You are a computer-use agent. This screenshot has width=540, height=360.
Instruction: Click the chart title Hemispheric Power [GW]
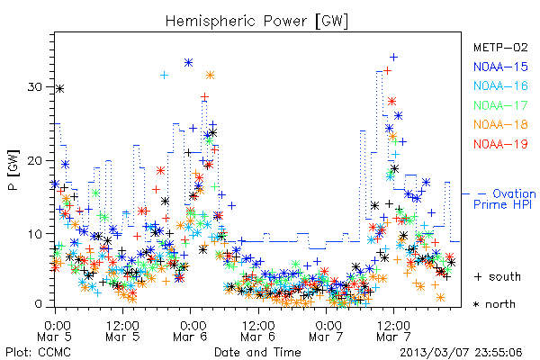(x=256, y=22)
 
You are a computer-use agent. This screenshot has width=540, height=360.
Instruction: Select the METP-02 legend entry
(x=500, y=47)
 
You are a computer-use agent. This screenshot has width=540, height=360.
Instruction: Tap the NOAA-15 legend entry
(x=500, y=67)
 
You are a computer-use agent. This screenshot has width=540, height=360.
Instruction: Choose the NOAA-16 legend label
(x=500, y=85)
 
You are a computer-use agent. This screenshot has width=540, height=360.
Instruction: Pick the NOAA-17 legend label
(x=500, y=105)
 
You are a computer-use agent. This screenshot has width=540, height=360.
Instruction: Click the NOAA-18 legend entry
(x=500, y=124)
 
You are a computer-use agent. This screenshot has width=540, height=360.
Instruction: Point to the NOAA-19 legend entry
(x=500, y=144)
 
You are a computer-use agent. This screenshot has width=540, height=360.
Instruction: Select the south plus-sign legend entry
(x=498, y=276)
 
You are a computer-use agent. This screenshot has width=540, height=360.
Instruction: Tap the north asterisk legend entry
(x=494, y=304)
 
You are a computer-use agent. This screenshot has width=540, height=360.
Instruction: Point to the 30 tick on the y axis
(x=35, y=86)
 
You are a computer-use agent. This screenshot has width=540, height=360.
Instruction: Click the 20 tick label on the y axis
(x=35, y=160)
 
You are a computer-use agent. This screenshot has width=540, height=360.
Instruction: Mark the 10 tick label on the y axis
(x=35, y=234)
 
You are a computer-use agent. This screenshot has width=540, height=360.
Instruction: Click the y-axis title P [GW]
(x=13, y=170)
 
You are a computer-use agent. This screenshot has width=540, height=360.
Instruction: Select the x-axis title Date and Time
(x=257, y=352)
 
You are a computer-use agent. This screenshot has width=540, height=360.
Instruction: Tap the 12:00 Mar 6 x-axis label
(x=258, y=331)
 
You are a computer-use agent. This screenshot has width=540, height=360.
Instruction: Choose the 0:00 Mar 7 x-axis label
(x=326, y=331)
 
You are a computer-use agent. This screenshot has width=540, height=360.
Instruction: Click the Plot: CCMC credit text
(x=38, y=352)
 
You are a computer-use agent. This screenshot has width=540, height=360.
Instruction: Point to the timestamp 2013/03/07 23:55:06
(x=461, y=353)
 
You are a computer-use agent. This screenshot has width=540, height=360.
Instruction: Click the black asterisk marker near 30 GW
(x=60, y=89)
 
